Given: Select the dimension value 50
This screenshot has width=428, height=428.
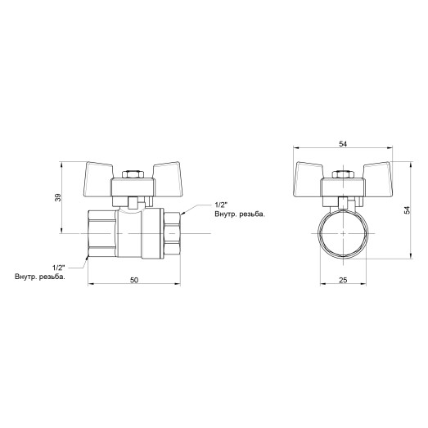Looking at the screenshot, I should click(133, 280).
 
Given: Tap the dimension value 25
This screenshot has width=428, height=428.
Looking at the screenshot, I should click(343, 280).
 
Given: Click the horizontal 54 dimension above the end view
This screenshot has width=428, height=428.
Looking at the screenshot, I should click(343, 145).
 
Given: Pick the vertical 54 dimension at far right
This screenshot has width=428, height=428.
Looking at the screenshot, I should click(407, 210).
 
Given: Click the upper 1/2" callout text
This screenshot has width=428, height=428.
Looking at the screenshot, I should click(220, 204).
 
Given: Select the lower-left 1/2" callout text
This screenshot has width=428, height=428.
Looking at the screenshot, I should click(58, 268).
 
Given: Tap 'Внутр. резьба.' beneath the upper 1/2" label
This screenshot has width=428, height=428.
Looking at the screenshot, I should click(241, 214).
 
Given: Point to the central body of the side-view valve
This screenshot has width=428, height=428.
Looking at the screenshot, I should click(133, 235).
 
